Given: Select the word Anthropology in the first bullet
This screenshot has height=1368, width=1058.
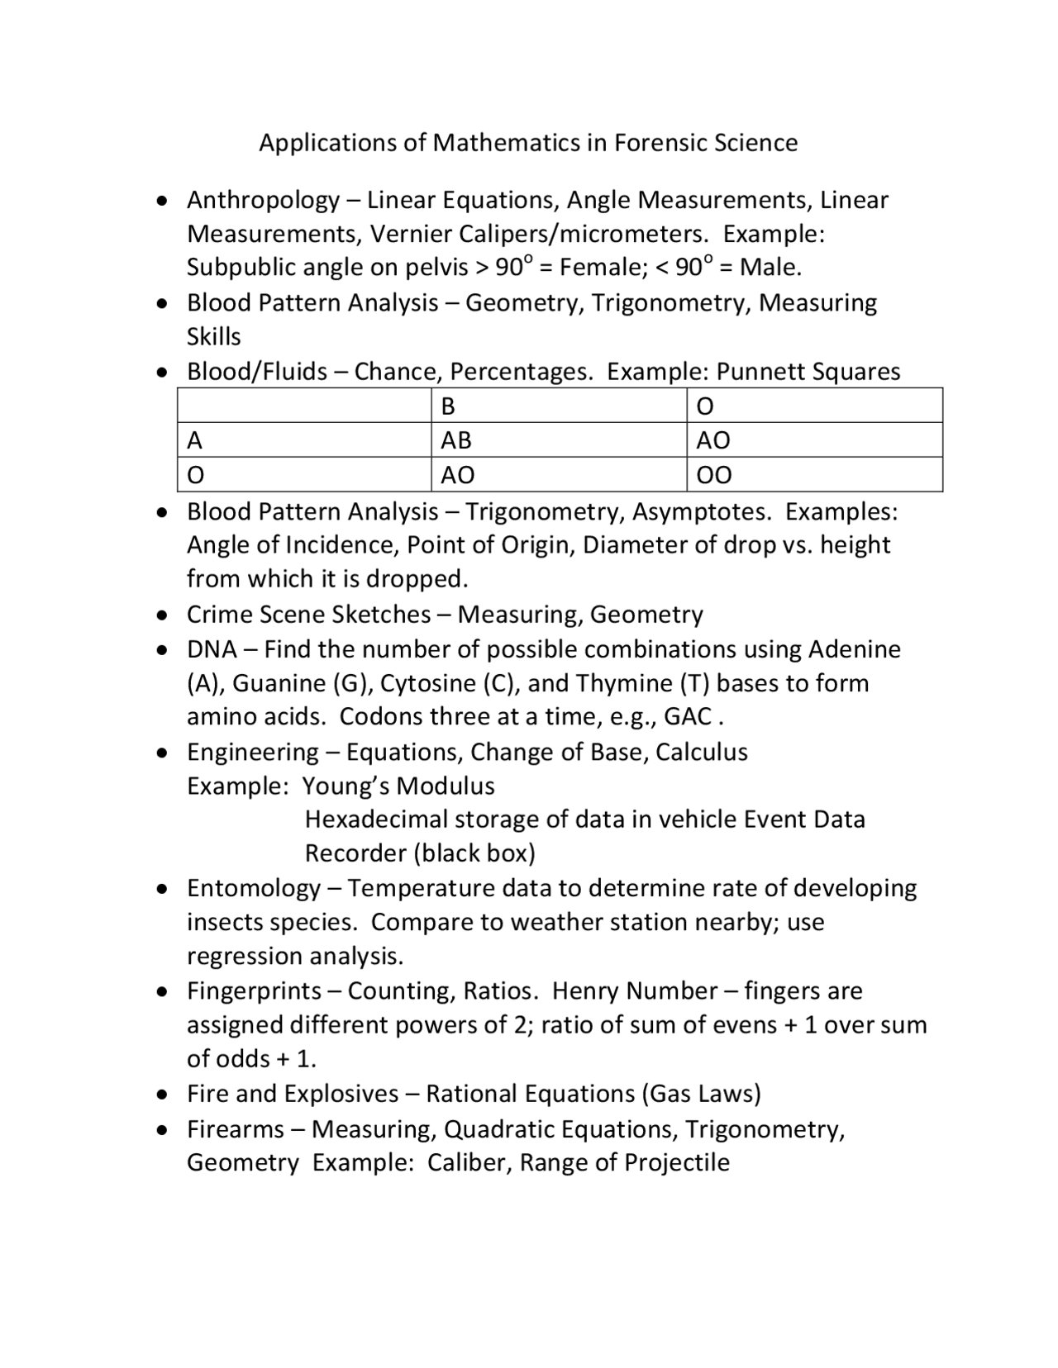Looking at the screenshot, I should pyautogui.click(x=263, y=201).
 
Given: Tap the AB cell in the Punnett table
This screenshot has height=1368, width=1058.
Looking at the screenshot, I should pyautogui.click(x=455, y=440).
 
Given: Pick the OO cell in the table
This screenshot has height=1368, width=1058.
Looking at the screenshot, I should pyautogui.click(x=713, y=475).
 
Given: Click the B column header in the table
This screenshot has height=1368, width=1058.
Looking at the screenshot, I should pyautogui.click(x=448, y=406).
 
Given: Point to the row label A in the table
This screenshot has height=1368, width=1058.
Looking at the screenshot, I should pyautogui.click(x=195, y=440).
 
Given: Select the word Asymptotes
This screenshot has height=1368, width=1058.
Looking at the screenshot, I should pyautogui.click(x=702, y=512).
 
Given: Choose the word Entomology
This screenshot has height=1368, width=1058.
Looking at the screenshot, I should pyautogui.click(x=253, y=888).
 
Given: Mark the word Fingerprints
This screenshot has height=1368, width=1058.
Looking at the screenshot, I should pyautogui.click(x=254, y=990).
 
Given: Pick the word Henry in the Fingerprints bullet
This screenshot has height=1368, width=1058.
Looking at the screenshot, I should pyautogui.click(x=589, y=990).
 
